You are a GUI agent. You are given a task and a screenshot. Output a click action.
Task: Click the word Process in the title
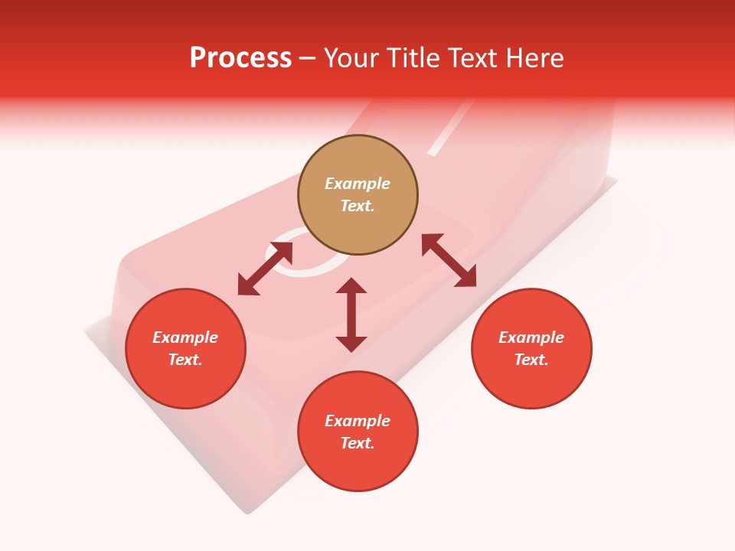(240, 58)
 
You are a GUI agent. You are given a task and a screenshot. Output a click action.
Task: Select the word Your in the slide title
(353, 58)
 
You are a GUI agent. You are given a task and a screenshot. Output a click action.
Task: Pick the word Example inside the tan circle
(358, 184)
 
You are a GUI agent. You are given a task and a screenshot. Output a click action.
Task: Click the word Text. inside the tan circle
(358, 206)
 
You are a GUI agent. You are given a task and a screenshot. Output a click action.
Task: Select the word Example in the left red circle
(185, 337)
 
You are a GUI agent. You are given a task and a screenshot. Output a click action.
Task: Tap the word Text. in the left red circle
(185, 360)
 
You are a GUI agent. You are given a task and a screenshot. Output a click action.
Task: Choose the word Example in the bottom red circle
(358, 421)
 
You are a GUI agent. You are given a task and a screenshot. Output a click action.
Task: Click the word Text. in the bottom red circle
(358, 443)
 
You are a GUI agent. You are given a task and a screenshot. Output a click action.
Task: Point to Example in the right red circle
(531, 337)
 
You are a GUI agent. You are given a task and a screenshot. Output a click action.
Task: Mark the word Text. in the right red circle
(531, 360)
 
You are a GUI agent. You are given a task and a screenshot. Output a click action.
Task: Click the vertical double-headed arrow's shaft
(351, 315)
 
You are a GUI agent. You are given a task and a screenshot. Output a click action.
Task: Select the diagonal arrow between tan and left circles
(265, 269)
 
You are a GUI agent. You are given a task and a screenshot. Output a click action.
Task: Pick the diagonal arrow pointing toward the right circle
(449, 260)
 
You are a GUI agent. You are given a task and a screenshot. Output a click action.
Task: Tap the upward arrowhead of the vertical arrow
(351, 285)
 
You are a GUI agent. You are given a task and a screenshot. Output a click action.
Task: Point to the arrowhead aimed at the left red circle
(247, 287)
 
